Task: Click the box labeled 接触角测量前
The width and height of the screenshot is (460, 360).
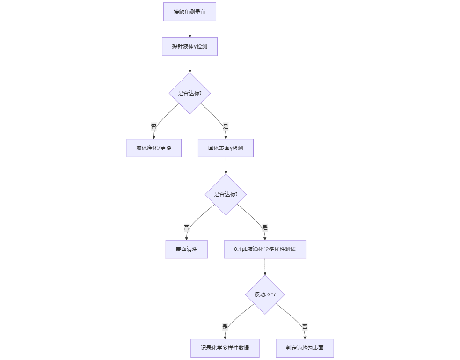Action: (x=190, y=12)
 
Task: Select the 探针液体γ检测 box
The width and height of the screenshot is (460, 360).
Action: (x=190, y=47)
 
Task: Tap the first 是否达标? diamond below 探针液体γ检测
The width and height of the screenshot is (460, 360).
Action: (x=190, y=93)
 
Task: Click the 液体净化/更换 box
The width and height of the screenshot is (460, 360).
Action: (x=153, y=148)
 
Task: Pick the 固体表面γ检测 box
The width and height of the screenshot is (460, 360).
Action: (x=226, y=148)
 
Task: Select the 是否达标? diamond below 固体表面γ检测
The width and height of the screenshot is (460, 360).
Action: (x=226, y=194)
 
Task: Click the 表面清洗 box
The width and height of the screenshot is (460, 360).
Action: (x=186, y=249)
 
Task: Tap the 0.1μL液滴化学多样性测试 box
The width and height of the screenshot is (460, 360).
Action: (x=265, y=249)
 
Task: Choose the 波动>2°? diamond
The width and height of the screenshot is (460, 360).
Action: (x=265, y=294)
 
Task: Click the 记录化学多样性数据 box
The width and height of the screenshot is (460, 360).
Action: (x=225, y=348)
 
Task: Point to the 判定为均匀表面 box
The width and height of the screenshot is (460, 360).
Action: (x=305, y=348)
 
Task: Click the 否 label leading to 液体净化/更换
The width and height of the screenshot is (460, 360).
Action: (x=154, y=126)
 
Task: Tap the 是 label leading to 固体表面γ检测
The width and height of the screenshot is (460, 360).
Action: (x=226, y=126)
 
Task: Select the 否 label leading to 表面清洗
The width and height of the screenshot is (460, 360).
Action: (x=187, y=228)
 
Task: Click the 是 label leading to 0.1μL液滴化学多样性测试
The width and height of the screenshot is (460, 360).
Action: (x=265, y=228)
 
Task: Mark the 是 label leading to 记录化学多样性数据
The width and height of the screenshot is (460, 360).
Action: (x=225, y=327)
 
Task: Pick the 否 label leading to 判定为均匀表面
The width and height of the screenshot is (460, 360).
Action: (x=305, y=327)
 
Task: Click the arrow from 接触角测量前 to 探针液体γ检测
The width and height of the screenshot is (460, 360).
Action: (x=190, y=29)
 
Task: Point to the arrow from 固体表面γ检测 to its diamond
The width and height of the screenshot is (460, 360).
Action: (x=226, y=165)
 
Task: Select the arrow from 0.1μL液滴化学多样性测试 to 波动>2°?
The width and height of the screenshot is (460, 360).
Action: (x=265, y=266)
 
